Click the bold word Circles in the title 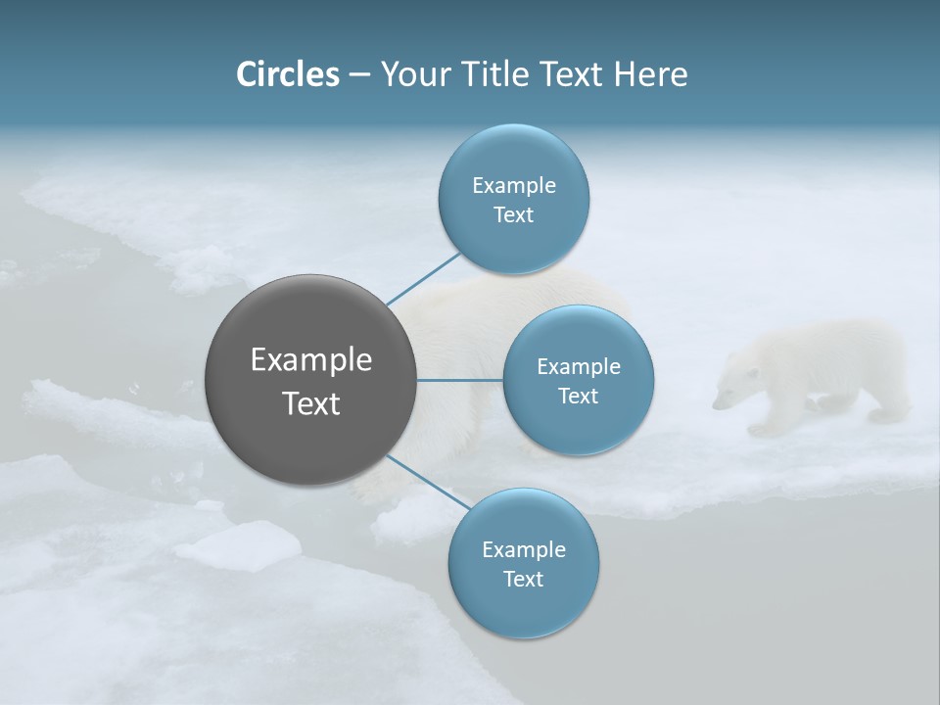(288, 74)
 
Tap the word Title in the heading (496, 74)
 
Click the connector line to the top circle (424, 278)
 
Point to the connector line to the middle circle (459, 380)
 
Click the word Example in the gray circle (311, 360)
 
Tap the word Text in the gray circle (311, 403)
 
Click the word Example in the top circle (514, 185)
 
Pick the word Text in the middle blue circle (578, 396)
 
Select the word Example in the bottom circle (524, 549)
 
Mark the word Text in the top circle (513, 214)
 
